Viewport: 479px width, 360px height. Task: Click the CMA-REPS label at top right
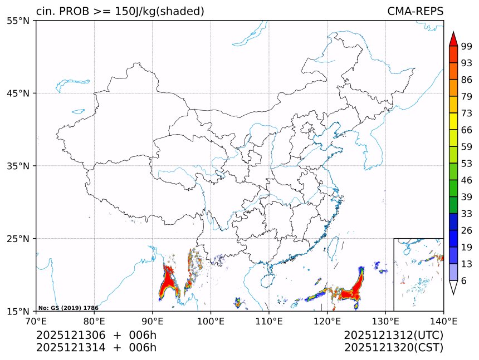point(415,11)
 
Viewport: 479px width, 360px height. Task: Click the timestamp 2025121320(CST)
point(393,348)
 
